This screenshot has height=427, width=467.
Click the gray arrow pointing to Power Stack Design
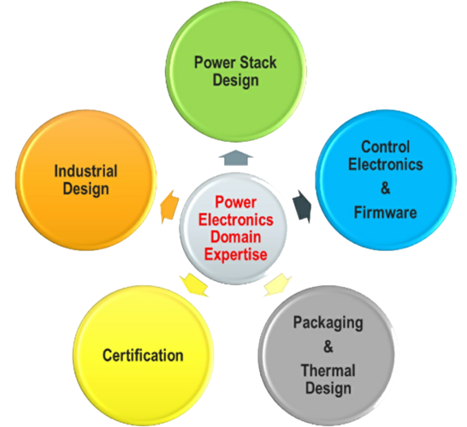[236, 158]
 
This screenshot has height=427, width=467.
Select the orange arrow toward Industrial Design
[169, 207]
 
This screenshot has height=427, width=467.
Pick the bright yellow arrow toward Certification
[194, 285]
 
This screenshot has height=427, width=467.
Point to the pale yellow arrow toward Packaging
[278, 285]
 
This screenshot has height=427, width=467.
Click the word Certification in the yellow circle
[143, 355]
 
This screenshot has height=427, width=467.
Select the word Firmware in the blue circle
[386, 213]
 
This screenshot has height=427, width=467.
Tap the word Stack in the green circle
[258, 62]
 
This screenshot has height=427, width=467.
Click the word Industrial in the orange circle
[86, 171]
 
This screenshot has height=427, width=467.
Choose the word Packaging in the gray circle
[328, 323]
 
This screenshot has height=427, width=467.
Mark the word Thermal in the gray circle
[328, 371]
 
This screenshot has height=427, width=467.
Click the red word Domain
[236, 237]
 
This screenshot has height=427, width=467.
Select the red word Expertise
[235, 254]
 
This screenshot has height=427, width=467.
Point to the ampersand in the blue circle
[386, 188]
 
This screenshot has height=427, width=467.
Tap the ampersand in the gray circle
[328, 347]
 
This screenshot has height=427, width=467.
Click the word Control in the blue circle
[386, 147]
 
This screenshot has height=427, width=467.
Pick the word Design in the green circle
[235, 80]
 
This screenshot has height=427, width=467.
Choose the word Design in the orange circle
[86, 189]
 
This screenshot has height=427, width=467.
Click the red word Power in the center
[235, 202]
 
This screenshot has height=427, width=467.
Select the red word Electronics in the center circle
[236, 219]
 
